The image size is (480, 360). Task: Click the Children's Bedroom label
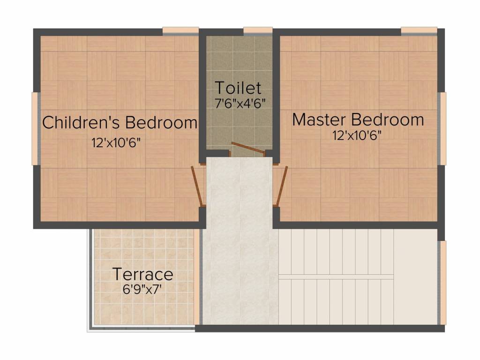coord(120,122)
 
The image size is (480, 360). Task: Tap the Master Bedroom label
coord(358,119)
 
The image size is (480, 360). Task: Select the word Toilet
coord(238,88)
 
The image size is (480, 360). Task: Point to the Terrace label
coord(143,274)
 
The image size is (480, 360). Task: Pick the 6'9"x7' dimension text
coord(142,289)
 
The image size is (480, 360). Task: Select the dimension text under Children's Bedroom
coord(116,143)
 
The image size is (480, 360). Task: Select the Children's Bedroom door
coord(198,186)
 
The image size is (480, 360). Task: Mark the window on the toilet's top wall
coord(258,31)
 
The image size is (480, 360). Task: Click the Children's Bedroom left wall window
coord(35,128)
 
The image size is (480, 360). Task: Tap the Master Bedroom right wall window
coord(442,128)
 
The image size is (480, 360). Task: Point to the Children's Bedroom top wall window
coord(180,31)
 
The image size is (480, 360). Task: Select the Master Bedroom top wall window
coord(419,31)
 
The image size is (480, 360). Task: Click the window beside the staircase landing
coord(442,283)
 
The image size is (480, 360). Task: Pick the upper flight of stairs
coord(336,252)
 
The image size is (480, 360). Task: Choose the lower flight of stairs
coord(336,302)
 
